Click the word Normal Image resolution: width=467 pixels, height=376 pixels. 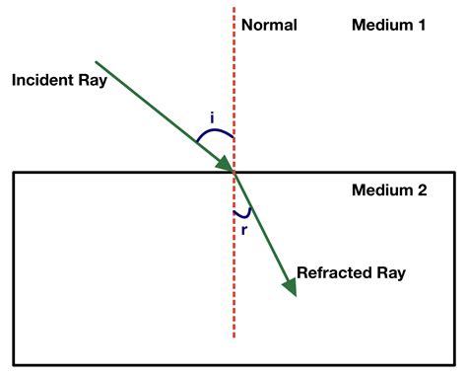(268, 25)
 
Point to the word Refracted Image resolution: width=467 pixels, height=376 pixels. (327, 271)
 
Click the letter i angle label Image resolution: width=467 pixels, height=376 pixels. (213, 117)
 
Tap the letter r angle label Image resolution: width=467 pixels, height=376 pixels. (243, 229)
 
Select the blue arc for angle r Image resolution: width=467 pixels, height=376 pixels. (243, 213)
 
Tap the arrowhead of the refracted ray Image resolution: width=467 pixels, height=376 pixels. (290, 286)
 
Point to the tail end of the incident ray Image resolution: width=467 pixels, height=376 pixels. (96, 61)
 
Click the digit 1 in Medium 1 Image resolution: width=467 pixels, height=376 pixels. (421, 25)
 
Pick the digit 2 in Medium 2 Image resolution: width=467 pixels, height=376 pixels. (422, 190)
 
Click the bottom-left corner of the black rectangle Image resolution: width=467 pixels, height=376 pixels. (14, 362)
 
